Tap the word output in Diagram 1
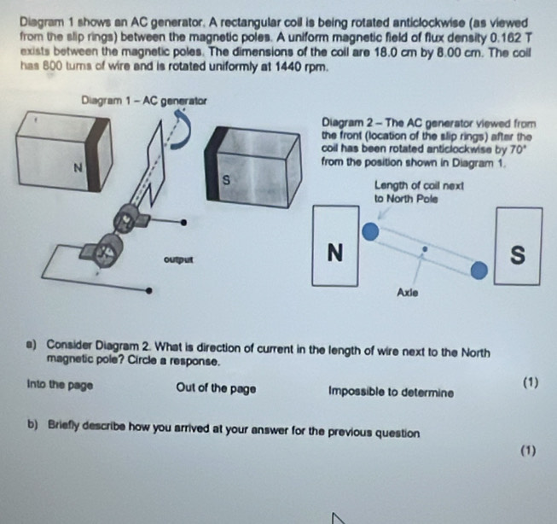click(177, 257)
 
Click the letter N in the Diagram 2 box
click(334, 252)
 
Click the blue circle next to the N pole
click(369, 232)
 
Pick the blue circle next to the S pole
click(480, 271)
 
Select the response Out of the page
click(215, 389)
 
